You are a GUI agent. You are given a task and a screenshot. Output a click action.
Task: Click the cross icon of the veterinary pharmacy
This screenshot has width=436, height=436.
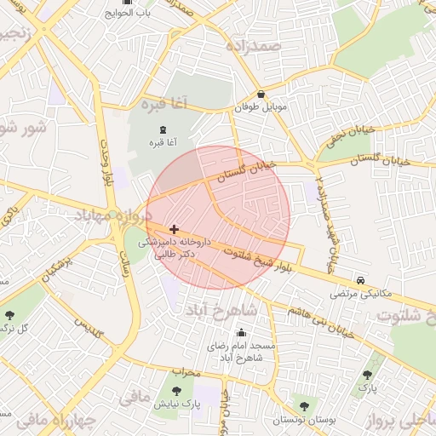(x=174, y=229)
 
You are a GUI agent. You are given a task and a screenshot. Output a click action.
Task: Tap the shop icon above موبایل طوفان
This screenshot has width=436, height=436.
(x=260, y=95)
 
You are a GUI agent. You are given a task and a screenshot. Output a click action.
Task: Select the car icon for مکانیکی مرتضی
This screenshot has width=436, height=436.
(x=361, y=280)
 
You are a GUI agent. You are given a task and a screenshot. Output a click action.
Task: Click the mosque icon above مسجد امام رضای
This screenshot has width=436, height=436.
(x=242, y=333)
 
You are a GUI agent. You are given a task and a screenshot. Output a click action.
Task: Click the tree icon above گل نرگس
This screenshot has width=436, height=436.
(x=9, y=315)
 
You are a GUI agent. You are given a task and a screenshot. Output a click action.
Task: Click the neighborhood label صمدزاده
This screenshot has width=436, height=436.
(x=252, y=45)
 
